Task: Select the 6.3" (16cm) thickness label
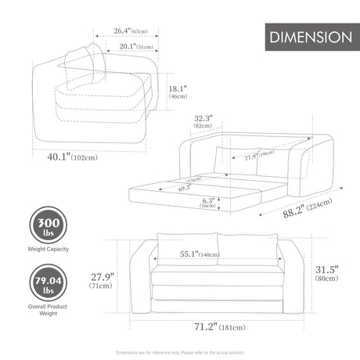207,203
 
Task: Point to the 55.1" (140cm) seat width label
199,254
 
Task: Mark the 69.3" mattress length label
184,189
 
